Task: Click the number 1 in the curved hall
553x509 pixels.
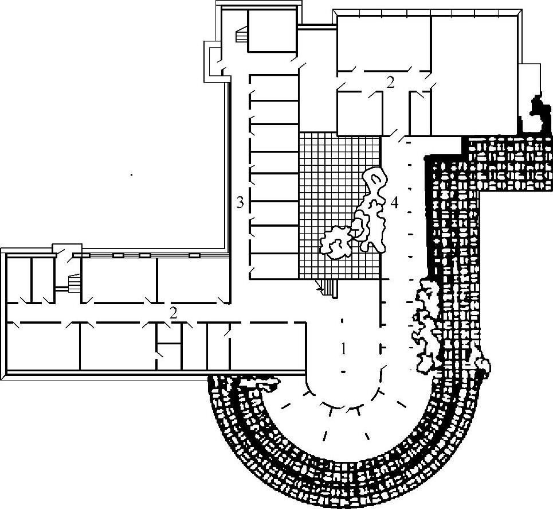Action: (x=343, y=348)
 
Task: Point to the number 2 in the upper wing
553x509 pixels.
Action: (x=391, y=82)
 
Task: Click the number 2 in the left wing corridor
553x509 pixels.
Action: (x=172, y=312)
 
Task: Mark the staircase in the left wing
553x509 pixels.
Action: (x=73, y=283)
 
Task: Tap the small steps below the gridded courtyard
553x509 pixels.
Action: (x=328, y=286)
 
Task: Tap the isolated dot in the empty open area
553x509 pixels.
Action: (x=131, y=174)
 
